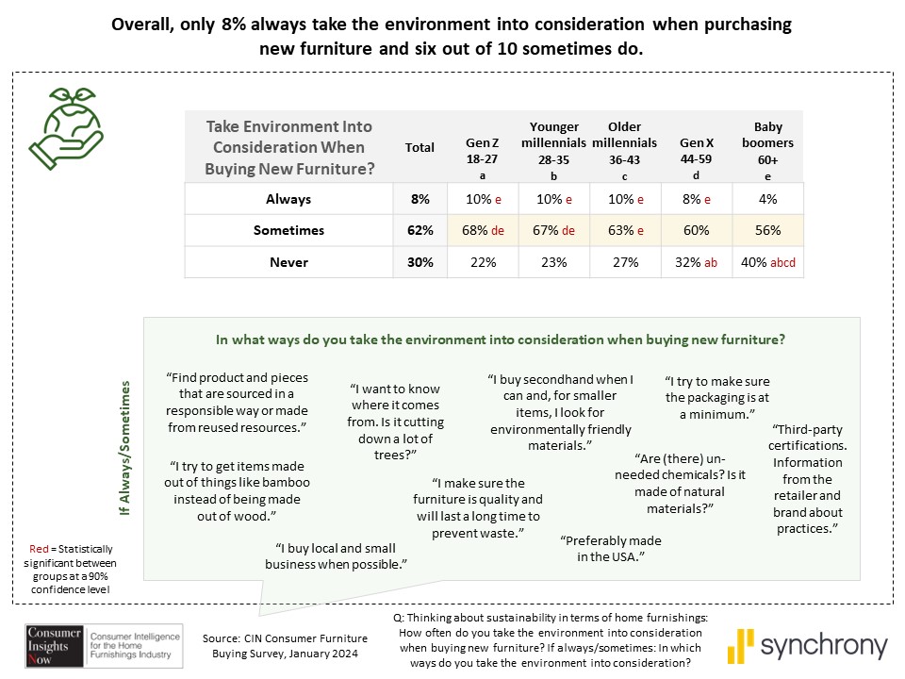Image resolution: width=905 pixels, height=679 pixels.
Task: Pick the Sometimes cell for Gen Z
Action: [x=483, y=230]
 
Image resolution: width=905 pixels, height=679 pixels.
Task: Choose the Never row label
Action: [x=288, y=263]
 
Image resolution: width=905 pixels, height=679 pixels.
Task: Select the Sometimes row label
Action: [x=288, y=230]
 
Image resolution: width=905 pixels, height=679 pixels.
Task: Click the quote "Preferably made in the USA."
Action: [x=610, y=549]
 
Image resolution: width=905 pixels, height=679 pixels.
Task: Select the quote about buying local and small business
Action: [x=340, y=556]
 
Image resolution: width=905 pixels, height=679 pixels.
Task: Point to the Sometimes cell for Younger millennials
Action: [x=554, y=230]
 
